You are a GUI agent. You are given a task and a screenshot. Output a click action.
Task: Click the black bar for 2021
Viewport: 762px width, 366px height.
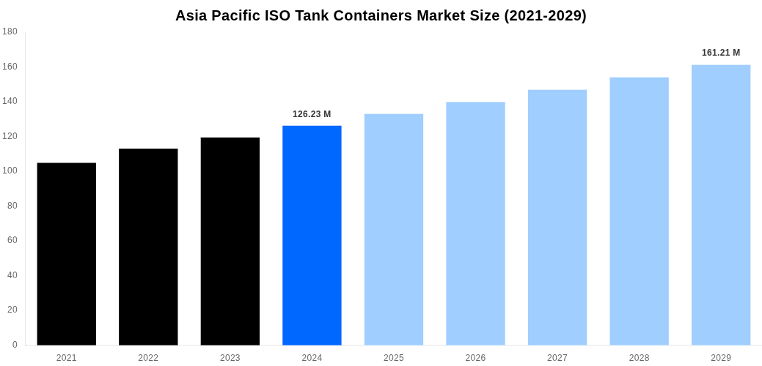click(x=66, y=253)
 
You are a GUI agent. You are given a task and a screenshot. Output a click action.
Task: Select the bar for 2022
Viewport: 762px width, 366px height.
click(x=148, y=247)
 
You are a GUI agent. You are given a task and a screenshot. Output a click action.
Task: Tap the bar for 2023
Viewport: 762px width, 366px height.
click(x=230, y=241)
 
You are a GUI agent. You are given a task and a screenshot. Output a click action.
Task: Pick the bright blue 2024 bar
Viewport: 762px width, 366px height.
click(x=312, y=235)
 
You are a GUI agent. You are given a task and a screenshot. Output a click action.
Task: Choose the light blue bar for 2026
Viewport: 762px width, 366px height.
click(x=475, y=223)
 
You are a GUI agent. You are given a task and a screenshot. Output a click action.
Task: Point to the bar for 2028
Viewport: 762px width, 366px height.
click(x=639, y=211)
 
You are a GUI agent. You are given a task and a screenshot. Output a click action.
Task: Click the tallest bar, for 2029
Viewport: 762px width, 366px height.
click(x=721, y=205)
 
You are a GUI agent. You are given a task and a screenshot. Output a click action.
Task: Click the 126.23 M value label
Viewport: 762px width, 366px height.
click(x=312, y=114)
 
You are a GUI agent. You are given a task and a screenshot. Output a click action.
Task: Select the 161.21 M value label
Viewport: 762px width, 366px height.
click(x=721, y=53)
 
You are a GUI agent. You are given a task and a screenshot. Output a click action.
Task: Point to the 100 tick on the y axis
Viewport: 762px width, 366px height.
click(x=10, y=171)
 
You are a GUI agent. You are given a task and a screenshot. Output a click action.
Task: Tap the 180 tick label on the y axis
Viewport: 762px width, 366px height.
click(x=10, y=31)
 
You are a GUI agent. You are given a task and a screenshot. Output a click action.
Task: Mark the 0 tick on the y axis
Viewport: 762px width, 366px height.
click(x=15, y=345)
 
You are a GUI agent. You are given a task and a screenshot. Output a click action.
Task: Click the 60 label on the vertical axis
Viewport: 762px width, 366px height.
click(x=12, y=240)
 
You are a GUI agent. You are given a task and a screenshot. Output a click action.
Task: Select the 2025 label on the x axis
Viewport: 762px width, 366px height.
click(x=394, y=358)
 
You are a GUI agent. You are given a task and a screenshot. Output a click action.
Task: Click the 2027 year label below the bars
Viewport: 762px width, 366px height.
click(x=557, y=358)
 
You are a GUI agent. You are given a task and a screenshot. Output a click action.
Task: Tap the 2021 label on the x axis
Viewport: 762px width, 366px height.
click(x=66, y=358)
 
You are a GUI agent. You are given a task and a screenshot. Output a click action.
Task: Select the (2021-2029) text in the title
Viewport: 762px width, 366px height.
click(x=545, y=15)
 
